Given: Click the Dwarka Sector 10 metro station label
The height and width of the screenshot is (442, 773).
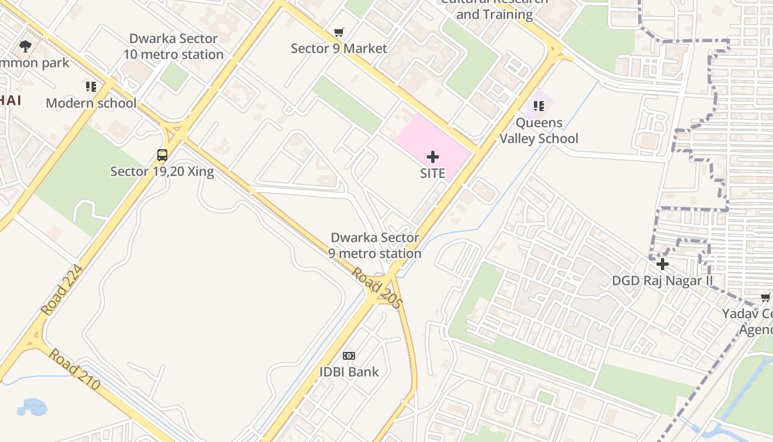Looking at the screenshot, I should tap(173, 46).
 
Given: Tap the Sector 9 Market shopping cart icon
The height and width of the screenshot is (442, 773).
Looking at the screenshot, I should tap(339, 33).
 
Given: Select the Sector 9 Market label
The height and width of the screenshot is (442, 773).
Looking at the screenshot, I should tap(339, 49).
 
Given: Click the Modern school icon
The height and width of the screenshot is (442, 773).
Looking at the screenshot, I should tap(91, 87).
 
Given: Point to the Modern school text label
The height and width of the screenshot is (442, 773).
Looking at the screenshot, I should tap(91, 103).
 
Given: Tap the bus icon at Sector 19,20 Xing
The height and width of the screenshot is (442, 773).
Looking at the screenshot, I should tap(162, 155).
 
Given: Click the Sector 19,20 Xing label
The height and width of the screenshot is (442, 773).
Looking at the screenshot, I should tap(162, 171).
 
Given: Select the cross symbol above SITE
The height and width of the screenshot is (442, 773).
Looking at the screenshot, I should tap(433, 157).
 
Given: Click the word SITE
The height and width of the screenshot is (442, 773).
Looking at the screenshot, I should tap(432, 173).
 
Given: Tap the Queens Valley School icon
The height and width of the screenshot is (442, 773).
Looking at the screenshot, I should tap(539, 106).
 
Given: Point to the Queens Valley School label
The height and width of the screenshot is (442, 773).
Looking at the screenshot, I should tap(539, 130).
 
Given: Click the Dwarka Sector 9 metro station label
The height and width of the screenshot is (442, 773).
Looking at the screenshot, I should tap(375, 245).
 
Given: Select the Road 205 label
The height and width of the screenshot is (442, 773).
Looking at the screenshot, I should tap(378, 287).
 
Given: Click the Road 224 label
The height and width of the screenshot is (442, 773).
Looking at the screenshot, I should tap(62, 290).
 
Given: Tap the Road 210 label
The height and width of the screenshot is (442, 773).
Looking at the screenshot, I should tap(74, 369).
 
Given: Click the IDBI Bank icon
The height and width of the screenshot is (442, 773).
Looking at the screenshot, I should tap(349, 356).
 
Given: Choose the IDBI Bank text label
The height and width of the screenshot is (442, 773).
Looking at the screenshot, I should tap(349, 372).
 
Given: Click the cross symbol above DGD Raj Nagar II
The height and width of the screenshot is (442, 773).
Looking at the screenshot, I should tap(663, 264).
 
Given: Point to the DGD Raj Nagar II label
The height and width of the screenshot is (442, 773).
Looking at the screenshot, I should tap(663, 281).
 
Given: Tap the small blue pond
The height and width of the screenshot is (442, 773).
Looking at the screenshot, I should tap(32, 408).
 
